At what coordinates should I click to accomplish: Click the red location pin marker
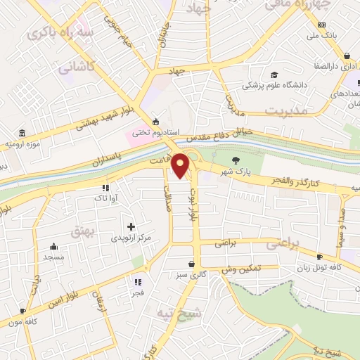(181, 166)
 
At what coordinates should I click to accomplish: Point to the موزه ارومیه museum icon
(22, 133)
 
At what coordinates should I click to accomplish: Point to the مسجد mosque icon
(54, 246)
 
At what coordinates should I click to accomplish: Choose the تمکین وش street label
(242, 269)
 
